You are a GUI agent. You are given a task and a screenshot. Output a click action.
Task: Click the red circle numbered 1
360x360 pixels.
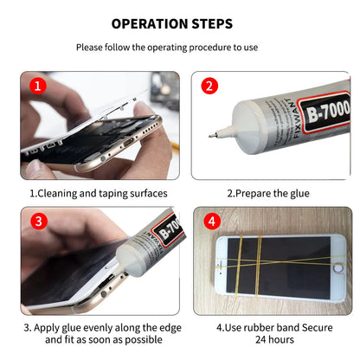point(36,87)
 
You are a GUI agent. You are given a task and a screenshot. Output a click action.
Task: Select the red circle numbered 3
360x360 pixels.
point(36,221)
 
